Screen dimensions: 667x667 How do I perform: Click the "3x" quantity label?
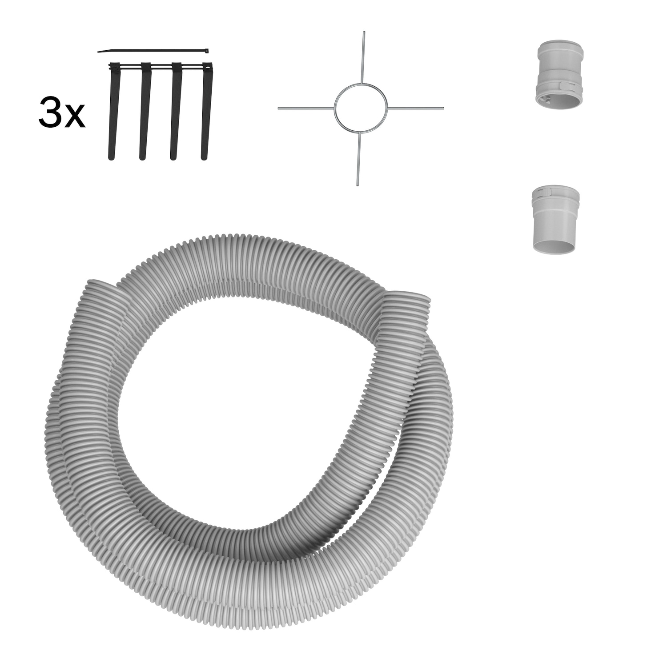tap(61, 113)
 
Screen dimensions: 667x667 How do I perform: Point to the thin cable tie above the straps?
tap(153, 51)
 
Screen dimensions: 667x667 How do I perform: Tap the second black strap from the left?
tap(145, 111)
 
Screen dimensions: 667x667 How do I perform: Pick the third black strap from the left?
tap(176, 111)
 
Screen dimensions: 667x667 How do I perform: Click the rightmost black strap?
tap(207, 111)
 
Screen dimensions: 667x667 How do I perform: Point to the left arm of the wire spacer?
tap(306, 108)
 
